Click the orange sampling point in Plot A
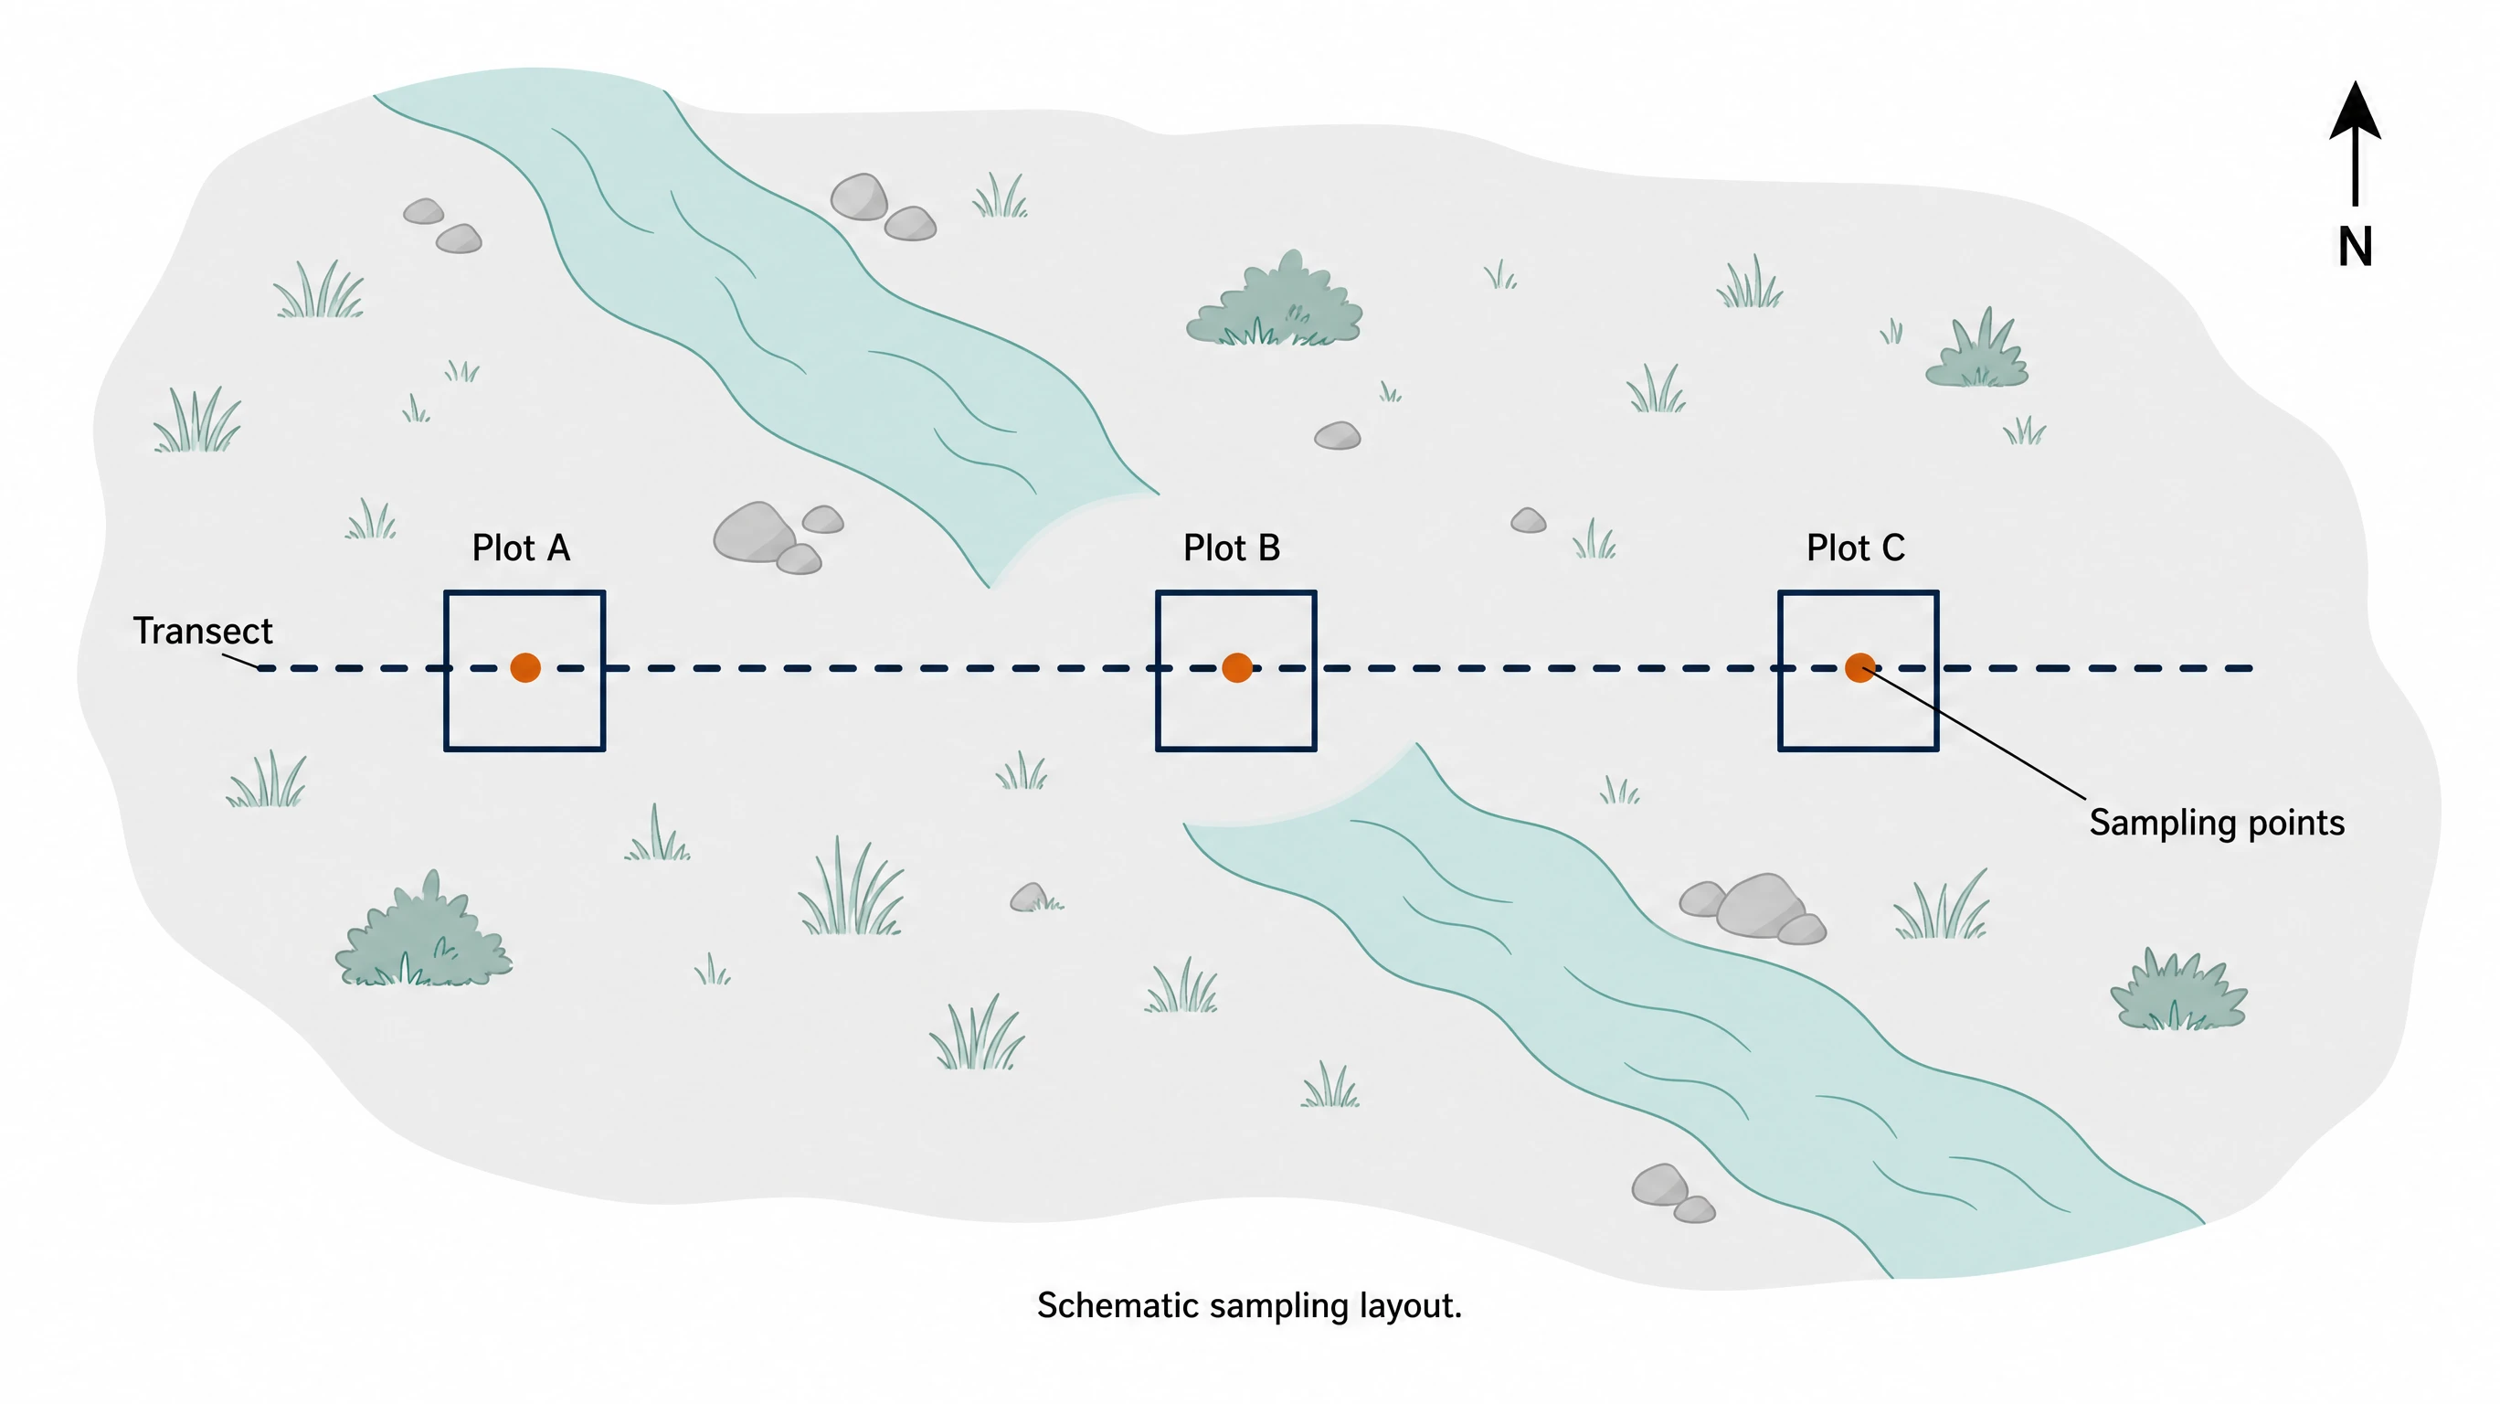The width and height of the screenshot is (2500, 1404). click(x=525, y=667)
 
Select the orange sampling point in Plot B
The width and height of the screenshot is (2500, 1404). click(x=1236, y=667)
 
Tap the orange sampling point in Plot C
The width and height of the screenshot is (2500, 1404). click(x=1859, y=667)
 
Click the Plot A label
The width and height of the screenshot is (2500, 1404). click(x=521, y=548)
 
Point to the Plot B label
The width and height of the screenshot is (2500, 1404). click(x=1232, y=548)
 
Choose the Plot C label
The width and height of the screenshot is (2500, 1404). click(x=1856, y=548)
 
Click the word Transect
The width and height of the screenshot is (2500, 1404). click(x=203, y=631)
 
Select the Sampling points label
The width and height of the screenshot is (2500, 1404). click(x=2217, y=824)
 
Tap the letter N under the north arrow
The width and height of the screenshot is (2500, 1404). click(x=2356, y=247)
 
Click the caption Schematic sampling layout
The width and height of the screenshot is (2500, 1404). click(x=1249, y=1306)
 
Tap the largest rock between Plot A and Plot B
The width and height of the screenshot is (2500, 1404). click(x=755, y=532)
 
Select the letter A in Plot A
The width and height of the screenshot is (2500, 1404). click(x=558, y=548)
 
